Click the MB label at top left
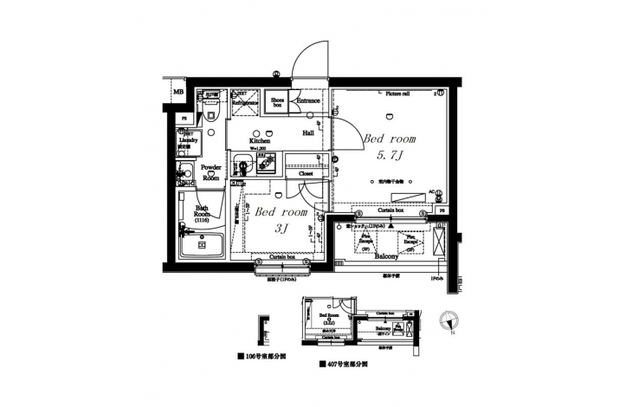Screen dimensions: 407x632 pos(178,93)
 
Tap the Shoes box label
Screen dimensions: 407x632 pos(277,102)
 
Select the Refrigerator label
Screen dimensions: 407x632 pos(246,102)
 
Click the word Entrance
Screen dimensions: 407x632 pos(308,101)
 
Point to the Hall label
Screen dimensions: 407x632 pos(307,133)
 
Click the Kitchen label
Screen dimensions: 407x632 pos(260,140)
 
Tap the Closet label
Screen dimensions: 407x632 pos(306,173)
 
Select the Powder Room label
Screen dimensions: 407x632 pos(210,171)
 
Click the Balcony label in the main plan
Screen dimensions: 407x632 pos(385,257)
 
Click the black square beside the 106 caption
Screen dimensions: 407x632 pos(238,356)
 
